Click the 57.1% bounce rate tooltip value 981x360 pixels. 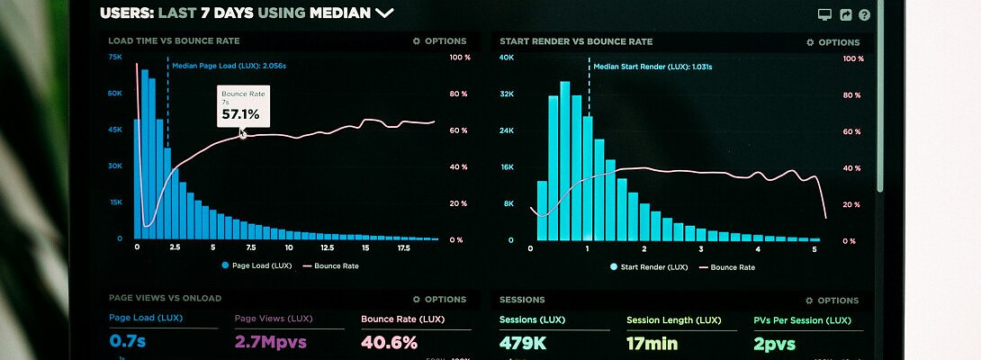(x=240, y=114)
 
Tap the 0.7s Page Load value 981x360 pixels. (x=129, y=342)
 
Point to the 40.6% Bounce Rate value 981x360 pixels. (x=390, y=342)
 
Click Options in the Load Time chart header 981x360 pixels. (x=439, y=41)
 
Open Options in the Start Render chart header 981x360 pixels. (x=832, y=42)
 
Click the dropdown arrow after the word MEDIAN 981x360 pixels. (x=384, y=13)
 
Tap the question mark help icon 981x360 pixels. (x=865, y=14)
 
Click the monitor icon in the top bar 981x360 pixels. (x=823, y=14)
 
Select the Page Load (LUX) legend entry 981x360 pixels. (x=257, y=265)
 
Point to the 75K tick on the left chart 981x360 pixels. (x=115, y=57)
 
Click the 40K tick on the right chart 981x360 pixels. (x=507, y=58)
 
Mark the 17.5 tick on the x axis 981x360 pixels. (x=403, y=247)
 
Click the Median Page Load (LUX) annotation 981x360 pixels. (x=229, y=66)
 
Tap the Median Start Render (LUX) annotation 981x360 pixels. (x=652, y=67)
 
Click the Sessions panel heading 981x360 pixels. (x=522, y=300)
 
